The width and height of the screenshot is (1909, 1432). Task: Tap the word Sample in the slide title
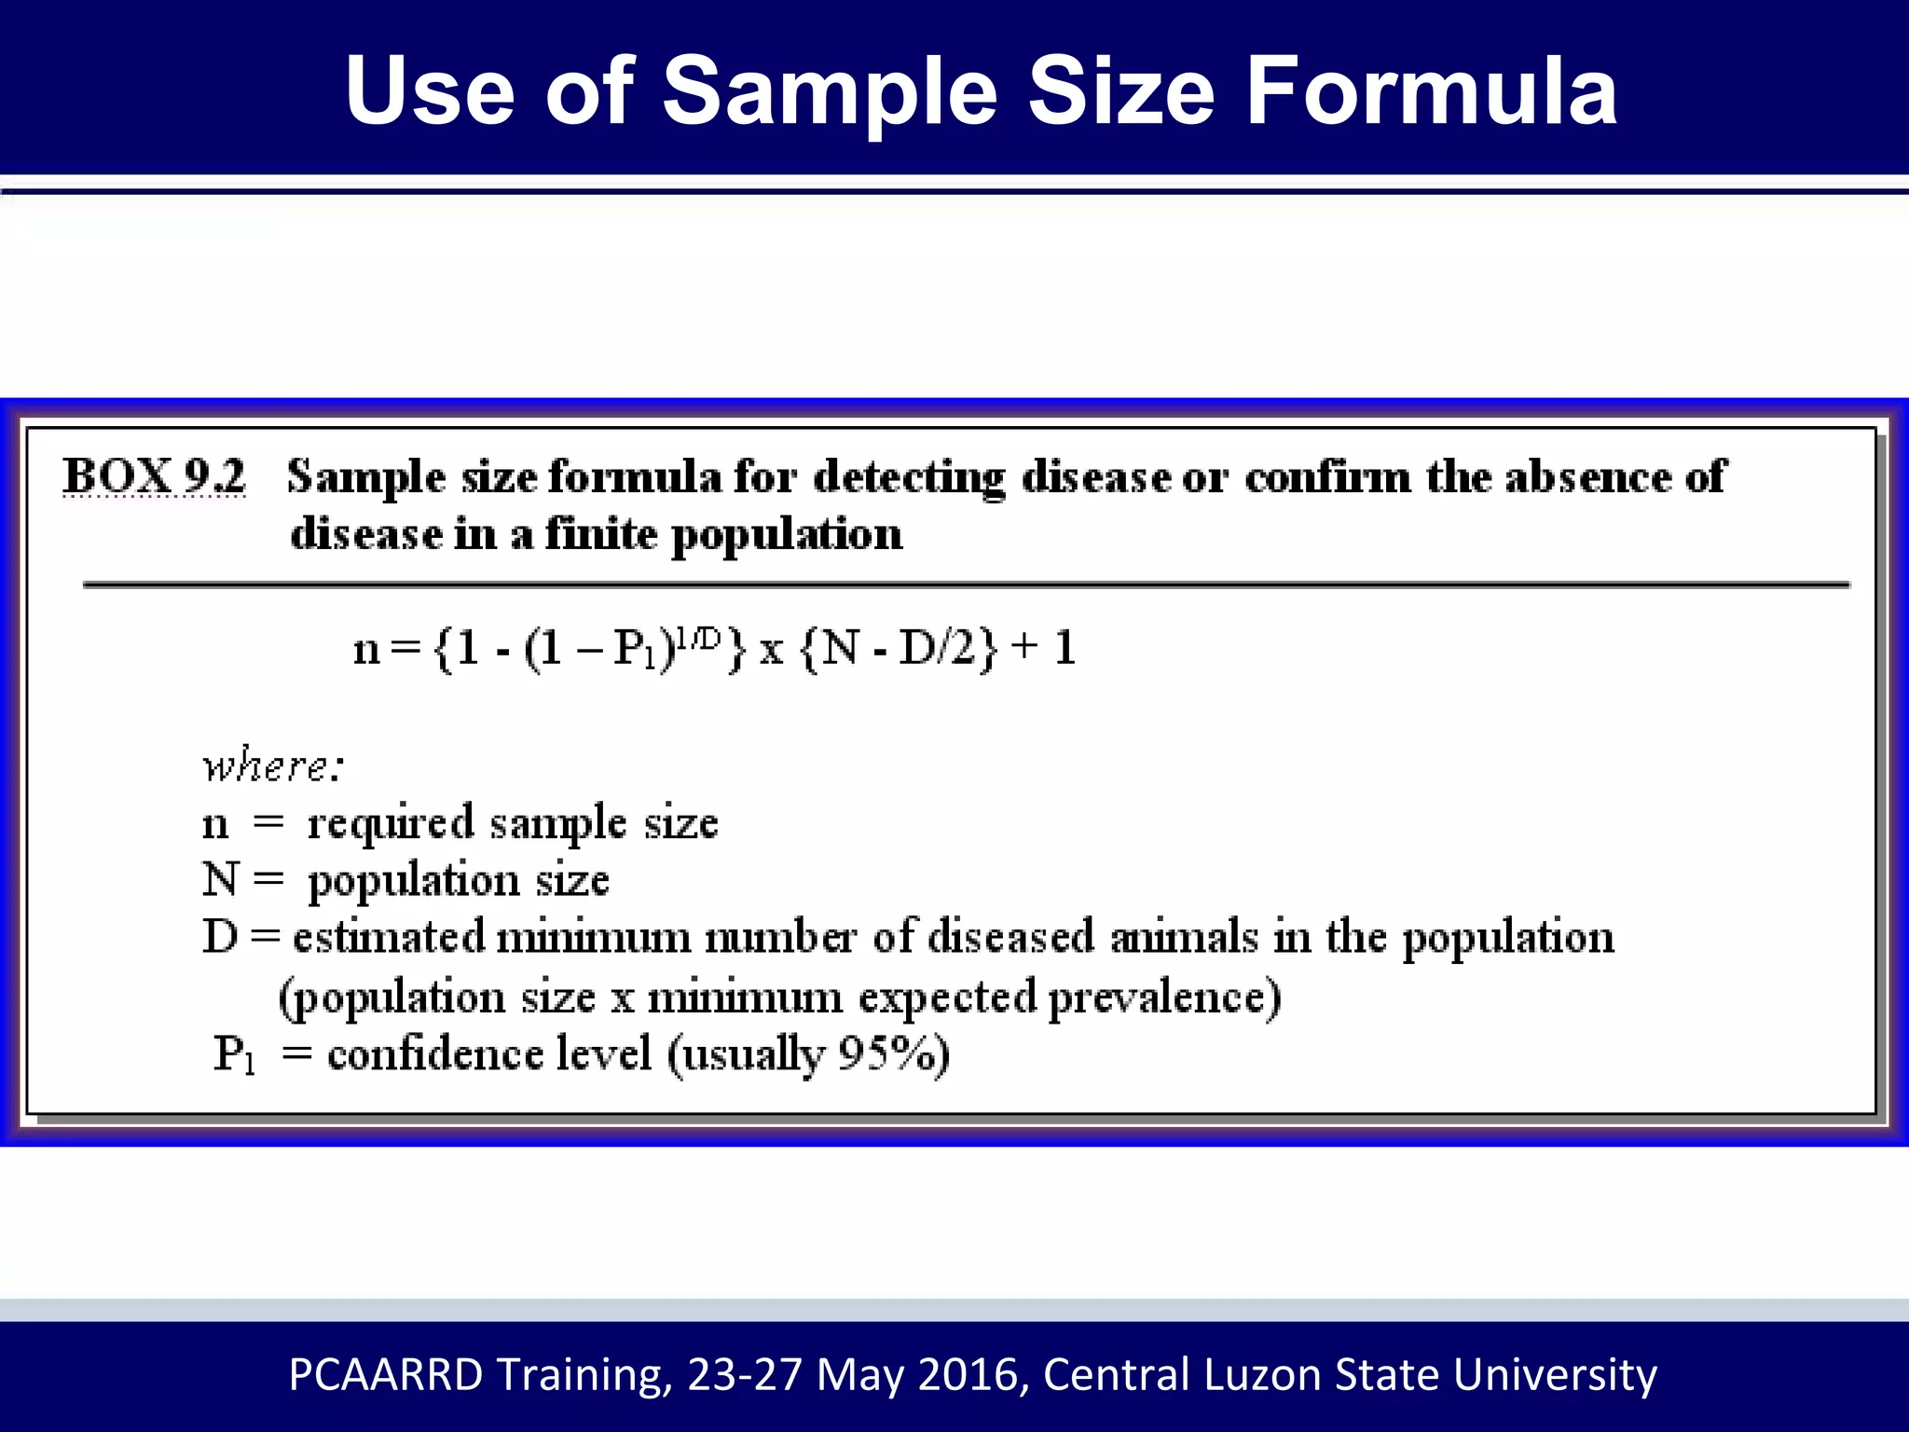click(x=830, y=90)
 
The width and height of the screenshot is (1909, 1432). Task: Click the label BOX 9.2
click(x=154, y=476)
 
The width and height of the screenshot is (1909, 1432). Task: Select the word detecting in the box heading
click(x=909, y=477)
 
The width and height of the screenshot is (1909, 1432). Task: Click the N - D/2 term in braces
click(x=899, y=647)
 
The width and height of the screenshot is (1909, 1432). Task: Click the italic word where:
click(x=273, y=766)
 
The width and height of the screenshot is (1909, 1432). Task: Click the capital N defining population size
click(x=220, y=879)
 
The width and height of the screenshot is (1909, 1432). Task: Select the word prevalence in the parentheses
click(x=1164, y=998)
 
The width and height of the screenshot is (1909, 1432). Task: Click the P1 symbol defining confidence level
click(x=233, y=1055)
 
